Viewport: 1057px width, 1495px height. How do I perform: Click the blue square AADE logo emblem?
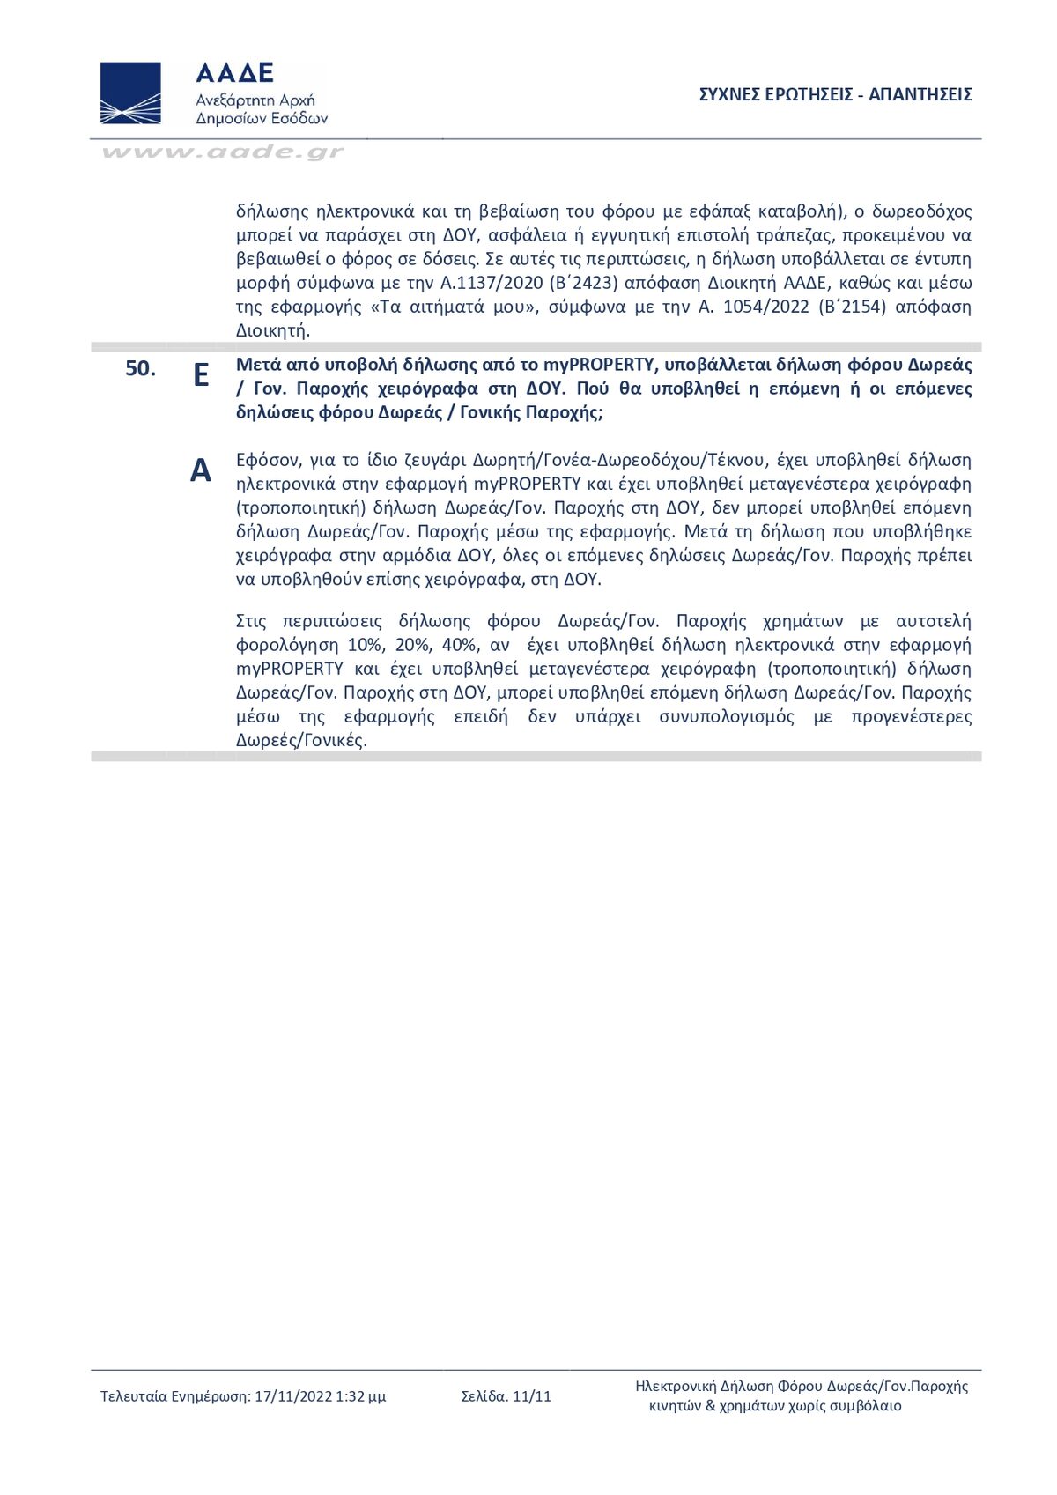coord(130,93)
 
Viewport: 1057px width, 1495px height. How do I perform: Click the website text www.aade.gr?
coord(222,152)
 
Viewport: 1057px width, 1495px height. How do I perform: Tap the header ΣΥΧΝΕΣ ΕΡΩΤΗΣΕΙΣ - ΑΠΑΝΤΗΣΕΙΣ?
coord(835,95)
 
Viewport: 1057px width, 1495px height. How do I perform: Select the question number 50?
coord(140,368)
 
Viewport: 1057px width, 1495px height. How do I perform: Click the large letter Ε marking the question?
coord(201,375)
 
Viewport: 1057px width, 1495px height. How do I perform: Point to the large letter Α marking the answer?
coord(201,471)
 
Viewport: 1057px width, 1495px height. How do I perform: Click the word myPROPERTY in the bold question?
coord(599,365)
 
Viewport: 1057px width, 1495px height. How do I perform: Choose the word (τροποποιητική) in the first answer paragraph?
coord(300,507)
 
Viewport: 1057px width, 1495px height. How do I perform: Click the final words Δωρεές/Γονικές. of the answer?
coord(301,740)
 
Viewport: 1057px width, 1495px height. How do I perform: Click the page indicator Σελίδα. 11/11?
coord(506,1396)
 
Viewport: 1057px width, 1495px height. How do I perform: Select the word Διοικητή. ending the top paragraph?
coord(273,330)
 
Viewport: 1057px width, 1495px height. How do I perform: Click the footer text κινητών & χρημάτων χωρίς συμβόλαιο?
coord(775,1406)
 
